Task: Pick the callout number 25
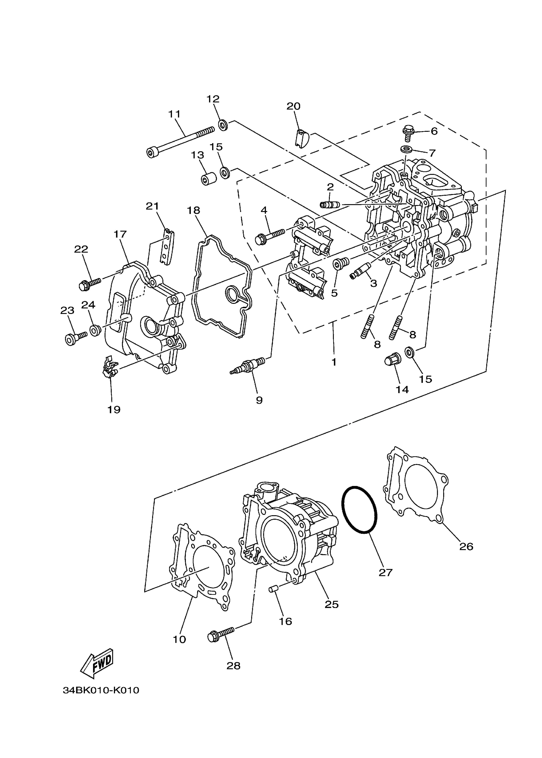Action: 331,604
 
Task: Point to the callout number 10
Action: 179,639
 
